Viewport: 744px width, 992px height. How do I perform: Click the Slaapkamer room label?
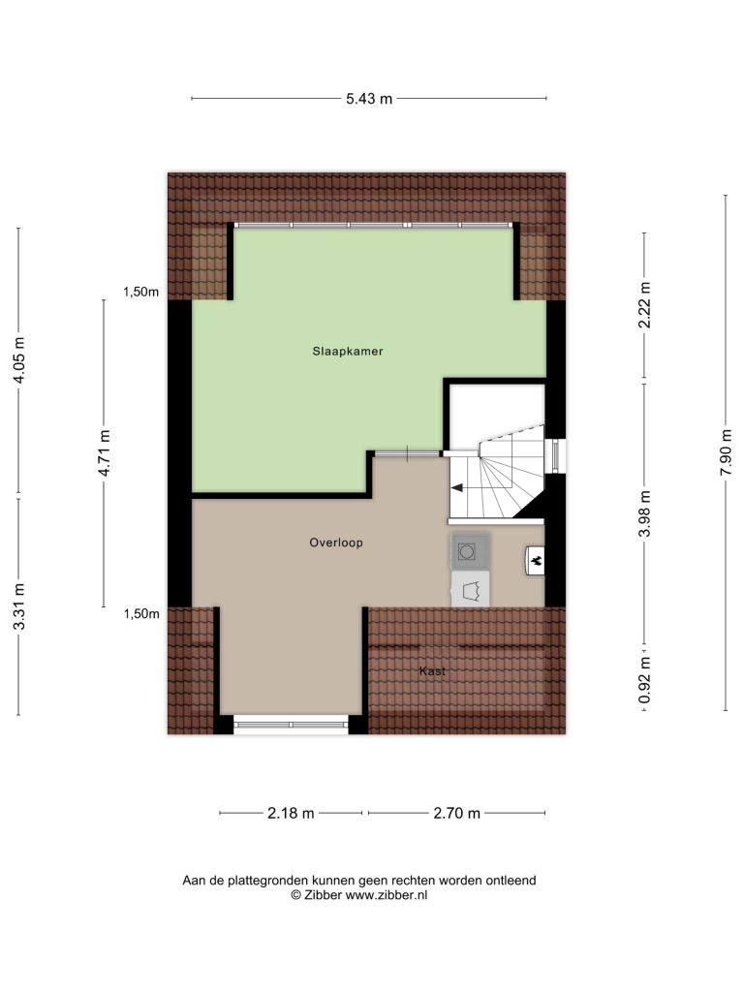click(348, 351)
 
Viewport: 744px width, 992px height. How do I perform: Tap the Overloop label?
click(336, 542)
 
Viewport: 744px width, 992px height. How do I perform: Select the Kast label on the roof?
click(432, 671)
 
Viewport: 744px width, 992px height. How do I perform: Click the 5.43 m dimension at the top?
click(369, 99)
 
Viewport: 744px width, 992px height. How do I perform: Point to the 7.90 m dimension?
click(726, 453)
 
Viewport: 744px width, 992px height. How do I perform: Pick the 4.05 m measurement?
click(19, 360)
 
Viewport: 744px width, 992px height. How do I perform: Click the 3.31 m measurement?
click(19, 606)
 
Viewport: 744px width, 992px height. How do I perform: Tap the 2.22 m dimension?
click(644, 305)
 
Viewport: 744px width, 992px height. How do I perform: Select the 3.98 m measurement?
click(644, 513)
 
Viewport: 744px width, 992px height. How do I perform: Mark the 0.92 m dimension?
click(644, 680)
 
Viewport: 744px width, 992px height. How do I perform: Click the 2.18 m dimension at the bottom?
click(291, 814)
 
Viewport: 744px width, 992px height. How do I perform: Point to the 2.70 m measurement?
click(457, 814)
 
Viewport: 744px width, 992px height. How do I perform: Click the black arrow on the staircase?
click(456, 488)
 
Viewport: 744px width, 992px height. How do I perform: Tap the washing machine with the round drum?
click(470, 551)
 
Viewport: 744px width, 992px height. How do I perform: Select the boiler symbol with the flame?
click(535, 561)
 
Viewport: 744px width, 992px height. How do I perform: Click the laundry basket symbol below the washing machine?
click(470, 590)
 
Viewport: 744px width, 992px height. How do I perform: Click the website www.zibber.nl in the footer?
click(386, 895)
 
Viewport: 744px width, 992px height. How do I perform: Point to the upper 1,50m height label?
click(141, 293)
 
